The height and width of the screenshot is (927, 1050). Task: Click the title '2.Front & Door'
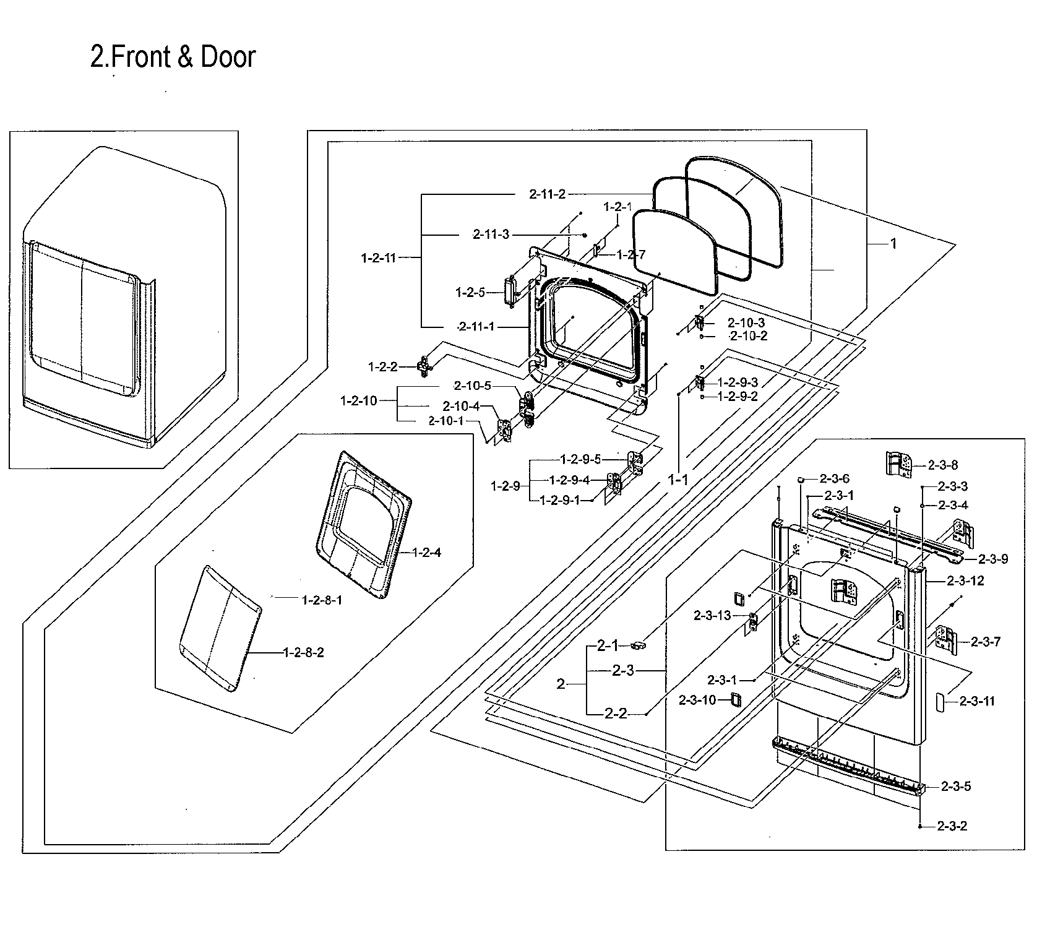pyautogui.click(x=173, y=57)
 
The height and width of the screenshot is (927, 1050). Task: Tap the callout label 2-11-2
pyautogui.click(x=547, y=194)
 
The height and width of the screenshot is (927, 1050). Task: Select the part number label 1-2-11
pyautogui.click(x=378, y=258)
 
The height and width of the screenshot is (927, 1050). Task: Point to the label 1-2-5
pyautogui.click(x=470, y=292)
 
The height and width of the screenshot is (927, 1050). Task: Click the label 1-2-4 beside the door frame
pyautogui.click(x=426, y=553)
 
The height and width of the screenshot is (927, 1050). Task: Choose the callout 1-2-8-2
pyautogui.click(x=303, y=652)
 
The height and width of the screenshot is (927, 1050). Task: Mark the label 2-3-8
pyautogui.click(x=943, y=465)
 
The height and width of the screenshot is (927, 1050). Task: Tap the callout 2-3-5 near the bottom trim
pyautogui.click(x=956, y=787)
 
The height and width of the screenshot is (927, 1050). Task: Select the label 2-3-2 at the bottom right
pyautogui.click(x=952, y=826)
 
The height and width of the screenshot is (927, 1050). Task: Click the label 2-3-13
pyautogui.click(x=712, y=615)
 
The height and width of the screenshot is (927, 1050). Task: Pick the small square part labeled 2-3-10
pyautogui.click(x=734, y=699)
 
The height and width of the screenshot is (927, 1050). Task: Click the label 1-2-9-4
pyautogui.click(x=569, y=480)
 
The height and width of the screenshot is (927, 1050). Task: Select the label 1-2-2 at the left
pyautogui.click(x=382, y=367)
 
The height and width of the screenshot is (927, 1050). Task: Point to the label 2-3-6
pyautogui.click(x=834, y=478)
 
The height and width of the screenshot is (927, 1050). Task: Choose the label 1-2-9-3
pyautogui.click(x=738, y=383)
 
